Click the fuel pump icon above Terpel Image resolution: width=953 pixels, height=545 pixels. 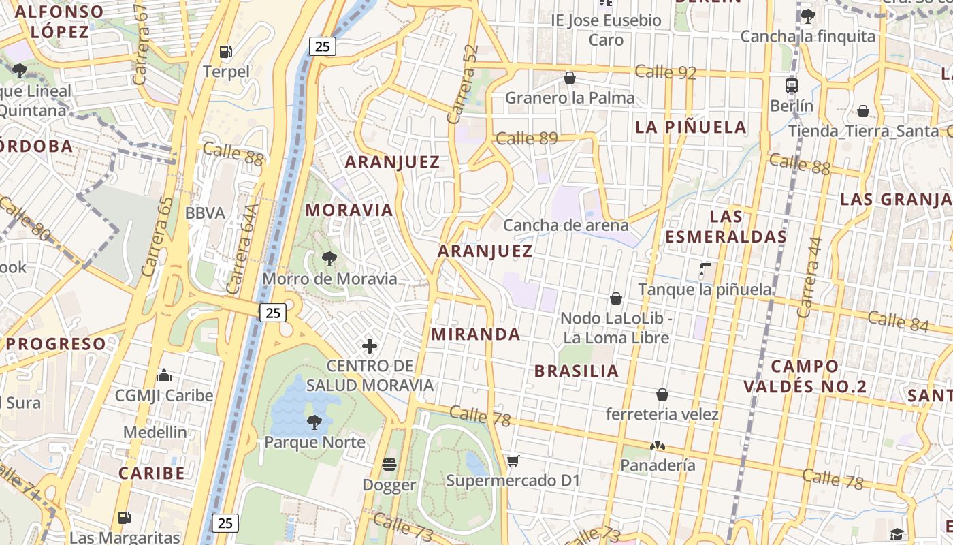coord(225,51)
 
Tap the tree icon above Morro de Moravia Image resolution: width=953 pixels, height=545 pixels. coord(329,259)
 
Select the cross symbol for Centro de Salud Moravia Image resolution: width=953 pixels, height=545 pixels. coord(370,346)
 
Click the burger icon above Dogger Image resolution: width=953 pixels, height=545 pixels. coord(389,465)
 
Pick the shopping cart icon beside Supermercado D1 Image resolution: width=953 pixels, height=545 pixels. coord(513,461)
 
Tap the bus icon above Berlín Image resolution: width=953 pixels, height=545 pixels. coord(792,86)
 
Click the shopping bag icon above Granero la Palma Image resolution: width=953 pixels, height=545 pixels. coord(570,78)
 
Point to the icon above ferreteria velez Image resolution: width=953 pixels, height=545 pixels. coord(662,394)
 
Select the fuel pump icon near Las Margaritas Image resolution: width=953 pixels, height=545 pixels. coord(124,518)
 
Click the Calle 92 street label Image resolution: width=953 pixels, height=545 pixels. coord(665,72)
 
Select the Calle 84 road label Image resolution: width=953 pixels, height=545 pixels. coord(899,320)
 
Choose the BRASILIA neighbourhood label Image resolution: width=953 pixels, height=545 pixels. coord(577,371)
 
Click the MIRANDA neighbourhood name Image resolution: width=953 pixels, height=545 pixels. coord(476,334)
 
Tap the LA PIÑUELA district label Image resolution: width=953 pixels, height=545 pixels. coord(691,127)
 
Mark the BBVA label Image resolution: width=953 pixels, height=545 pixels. coord(205,213)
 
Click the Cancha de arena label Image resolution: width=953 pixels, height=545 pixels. coord(566,225)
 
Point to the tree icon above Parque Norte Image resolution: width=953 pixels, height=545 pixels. coord(314,422)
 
